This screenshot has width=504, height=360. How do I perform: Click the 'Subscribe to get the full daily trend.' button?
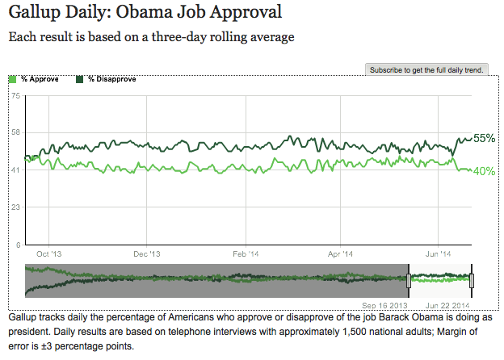pyautogui.click(x=426, y=70)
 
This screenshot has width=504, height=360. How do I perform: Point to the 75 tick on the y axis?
pyautogui.click(x=15, y=96)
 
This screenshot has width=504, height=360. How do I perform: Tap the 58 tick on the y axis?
pyautogui.click(x=15, y=132)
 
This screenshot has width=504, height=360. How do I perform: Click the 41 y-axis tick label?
pyautogui.click(x=15, y=170)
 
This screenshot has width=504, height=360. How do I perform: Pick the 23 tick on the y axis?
pyautogui.click(x=15, y=207)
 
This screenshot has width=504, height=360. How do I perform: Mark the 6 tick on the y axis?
pyautogui.click(x=18, y=245)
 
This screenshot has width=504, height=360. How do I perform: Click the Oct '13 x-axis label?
pyautogui.click(x=49, y=253)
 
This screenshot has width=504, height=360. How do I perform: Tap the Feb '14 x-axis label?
pyautogui.click(x=246, y=253)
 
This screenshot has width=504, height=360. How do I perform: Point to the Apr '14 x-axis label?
pyautogui.click(x=340, y=253)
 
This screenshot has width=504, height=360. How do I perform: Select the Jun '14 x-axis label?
pyautogui.click(x=438, y=253)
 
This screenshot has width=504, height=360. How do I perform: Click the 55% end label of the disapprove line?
pyautogui.click(x=484, y=138)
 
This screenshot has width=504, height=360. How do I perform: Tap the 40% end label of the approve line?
pyautogui.click(x=484, y=171)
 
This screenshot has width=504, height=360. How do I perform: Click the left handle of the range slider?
pyautogui.click(x=409, y=280)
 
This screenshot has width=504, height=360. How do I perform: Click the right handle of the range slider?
pyautogui.click(x=472, y=280)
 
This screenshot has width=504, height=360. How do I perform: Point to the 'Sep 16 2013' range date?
pyautogui.click(x=384, y=305)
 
